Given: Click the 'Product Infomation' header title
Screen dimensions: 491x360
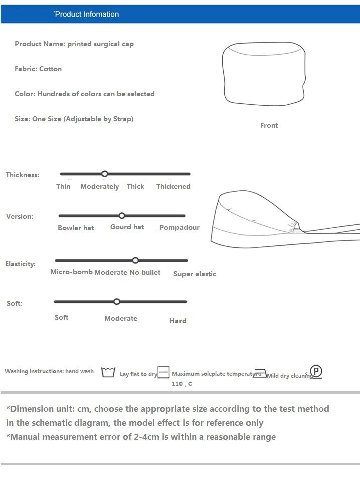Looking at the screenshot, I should (87, 14).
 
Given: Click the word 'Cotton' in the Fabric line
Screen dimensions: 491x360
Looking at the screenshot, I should (50, 69).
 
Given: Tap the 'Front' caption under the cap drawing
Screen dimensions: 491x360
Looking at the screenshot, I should (269, 125).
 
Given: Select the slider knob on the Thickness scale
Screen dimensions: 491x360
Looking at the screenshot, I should (105, 174).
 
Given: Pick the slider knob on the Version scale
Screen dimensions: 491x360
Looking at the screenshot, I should (122, 216).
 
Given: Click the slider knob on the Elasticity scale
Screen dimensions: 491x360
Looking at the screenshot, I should (135, 260).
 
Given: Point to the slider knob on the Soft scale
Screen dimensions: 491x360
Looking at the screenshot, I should (117, 302).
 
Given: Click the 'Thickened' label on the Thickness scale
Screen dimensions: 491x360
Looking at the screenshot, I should (173, 186).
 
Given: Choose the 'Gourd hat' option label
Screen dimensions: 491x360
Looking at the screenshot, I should (127, 227).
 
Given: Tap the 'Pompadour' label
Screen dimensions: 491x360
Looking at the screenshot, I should (179, 227).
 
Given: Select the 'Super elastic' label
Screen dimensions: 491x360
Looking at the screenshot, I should (195, 274).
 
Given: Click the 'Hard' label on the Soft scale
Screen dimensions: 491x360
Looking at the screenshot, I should (177, 321).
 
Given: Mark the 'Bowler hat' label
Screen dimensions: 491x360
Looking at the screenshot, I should (76, 228).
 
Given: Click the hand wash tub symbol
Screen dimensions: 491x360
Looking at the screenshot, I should (108, 372).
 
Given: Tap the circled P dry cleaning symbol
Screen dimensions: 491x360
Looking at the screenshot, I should (316, 372).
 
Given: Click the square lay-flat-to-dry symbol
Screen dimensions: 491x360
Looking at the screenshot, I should (164, 373).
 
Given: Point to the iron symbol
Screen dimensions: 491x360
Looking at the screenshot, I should (260, 374).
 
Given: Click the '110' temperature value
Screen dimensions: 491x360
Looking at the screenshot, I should (177, 384).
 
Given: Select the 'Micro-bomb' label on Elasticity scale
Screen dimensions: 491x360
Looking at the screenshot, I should (71, 272).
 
